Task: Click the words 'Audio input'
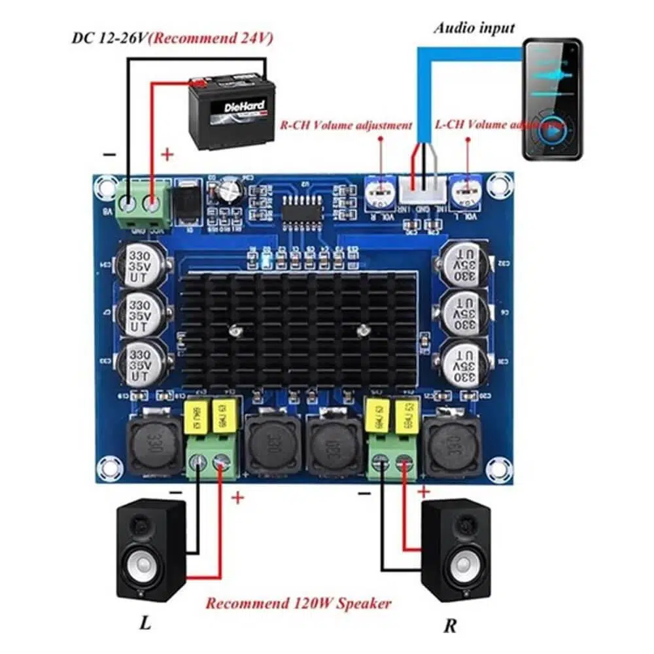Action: pos(474,28)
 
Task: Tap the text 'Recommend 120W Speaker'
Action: pos(298,602)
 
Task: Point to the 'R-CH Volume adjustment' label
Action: pos(346,125)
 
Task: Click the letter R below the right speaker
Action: pos(450,625)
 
